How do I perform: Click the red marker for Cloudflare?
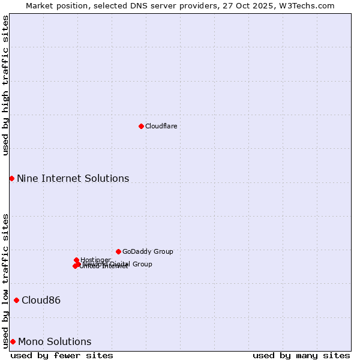[x=141, y=126]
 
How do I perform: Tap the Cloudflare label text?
[x=161, y=126]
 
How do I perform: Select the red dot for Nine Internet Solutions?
[x=11, y=178]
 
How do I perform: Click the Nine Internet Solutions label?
[x=73, y=178]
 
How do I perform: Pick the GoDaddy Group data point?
[x=118, y=251]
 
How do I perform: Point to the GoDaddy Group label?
[x=148, y=251]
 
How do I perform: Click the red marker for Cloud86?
[x=16, y=300]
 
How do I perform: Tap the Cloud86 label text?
[x=41, y=300]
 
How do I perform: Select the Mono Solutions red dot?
[x=13, y=341]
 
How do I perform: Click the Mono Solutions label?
[x=55, y=341]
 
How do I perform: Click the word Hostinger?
[x=95, y=260]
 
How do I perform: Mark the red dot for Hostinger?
[x=76, y=260]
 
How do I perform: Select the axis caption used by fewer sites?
[x=61, y=355]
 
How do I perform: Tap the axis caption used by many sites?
[x=301, y=355]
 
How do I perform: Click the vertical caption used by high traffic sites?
[x=5, y=85]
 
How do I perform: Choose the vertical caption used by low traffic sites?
[x=5, y=280]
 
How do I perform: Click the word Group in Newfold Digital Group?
[x=142, y=264]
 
